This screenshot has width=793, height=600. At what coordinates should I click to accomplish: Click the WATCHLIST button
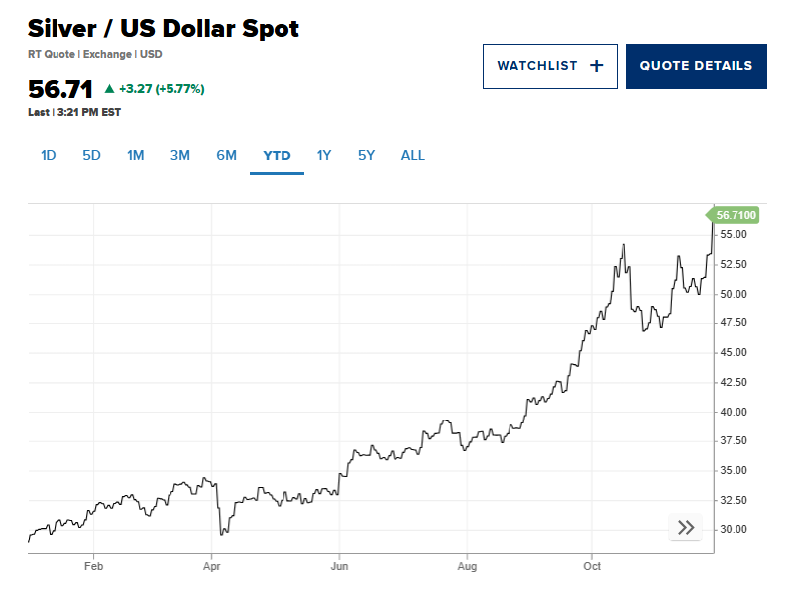coord(549,66)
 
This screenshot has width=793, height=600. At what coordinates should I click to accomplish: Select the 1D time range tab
coord(48,155)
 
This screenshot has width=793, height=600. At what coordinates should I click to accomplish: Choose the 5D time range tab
coord(91,155)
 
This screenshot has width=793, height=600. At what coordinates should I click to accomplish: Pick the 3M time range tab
coord(179,155)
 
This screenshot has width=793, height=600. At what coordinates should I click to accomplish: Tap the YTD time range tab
coord(277,155)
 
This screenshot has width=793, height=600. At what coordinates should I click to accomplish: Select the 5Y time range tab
coord(367,155)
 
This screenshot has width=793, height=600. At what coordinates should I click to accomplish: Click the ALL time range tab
coord(412,155)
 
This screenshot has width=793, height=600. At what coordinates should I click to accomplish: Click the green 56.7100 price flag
coord(735,215)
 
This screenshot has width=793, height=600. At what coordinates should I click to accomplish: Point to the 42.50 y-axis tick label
coord(734,382)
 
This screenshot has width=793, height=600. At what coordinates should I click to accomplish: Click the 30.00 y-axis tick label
coord(734,530)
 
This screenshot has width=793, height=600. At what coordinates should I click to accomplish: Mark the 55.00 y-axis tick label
coord(734,235)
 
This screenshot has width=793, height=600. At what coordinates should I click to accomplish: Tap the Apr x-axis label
coord(211,567)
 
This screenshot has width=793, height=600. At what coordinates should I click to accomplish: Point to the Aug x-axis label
coord(467,567)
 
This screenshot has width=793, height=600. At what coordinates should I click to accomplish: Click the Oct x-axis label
coord(592,567)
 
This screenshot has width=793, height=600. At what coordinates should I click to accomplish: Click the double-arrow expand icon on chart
coord(686,528)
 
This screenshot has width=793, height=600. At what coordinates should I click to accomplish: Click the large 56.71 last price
coord(60,89)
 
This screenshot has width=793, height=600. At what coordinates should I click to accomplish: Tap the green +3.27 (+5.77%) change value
coord(161,89)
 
